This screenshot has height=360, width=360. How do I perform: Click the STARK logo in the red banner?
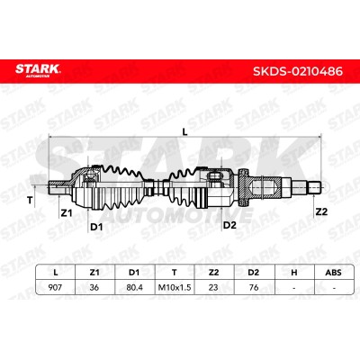38,70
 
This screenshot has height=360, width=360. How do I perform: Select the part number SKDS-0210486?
298,71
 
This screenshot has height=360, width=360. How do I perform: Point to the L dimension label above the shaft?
185,131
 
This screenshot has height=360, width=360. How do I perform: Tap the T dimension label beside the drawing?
30,200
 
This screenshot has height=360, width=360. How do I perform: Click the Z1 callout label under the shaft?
67,213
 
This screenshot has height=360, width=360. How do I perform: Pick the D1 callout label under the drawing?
96,227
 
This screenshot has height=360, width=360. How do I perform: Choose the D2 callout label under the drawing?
229,225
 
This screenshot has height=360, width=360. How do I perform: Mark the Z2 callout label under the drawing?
321,211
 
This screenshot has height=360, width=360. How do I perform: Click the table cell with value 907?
55,287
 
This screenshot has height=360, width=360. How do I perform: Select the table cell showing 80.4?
134,287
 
